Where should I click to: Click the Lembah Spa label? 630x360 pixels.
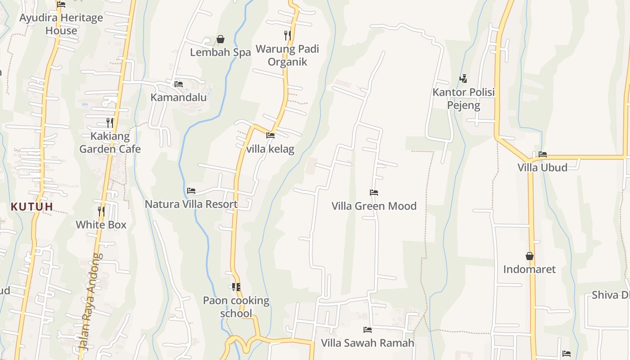[220, 52]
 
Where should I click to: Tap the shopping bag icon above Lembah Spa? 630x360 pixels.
[220, 39]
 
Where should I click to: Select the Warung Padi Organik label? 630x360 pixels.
[287, 55]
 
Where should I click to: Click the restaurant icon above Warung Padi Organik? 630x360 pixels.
[287, 35]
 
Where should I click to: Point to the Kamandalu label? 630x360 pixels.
[179, 98]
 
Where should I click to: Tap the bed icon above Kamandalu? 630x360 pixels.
[179, 84]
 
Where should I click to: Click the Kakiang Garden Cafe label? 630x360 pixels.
[110, 143]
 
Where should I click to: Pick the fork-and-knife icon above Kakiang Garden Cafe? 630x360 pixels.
[109, 122]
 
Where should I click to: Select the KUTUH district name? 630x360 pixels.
[32, 207]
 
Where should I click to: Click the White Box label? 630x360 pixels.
[101, 225]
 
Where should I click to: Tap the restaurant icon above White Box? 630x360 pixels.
[101, 211]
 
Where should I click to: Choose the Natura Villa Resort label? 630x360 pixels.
[191, 204]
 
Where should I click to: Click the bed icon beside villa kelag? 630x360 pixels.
[270, 135]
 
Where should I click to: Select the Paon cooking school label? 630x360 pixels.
[236, 307]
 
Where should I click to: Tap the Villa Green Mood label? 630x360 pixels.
[374, 206]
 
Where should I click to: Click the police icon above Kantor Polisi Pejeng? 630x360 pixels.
[463, 79]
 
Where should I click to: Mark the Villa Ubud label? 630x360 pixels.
[542, 167]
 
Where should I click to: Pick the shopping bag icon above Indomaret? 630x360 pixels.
[530, 256]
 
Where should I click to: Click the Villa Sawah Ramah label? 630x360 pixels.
[368, 343]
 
